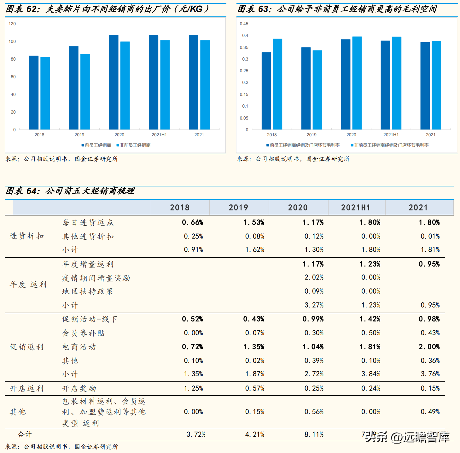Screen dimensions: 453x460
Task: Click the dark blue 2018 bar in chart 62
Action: (34, 93)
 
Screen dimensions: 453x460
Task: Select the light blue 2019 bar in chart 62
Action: (85, 92)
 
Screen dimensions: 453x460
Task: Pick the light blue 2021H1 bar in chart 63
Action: (397, 83)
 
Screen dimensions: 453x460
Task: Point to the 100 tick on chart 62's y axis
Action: (12, 41)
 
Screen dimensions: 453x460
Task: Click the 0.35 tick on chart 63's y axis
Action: (244, 47)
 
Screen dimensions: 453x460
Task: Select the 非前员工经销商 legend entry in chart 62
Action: (134, 145)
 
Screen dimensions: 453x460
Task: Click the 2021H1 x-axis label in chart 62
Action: (159, 135)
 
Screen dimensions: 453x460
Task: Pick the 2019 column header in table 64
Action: (238, 208)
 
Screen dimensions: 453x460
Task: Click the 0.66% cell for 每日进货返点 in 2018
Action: (192, 222)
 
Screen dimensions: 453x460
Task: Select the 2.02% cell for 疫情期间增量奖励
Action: (314, 277)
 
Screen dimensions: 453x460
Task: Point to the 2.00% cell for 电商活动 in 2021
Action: (429, 347)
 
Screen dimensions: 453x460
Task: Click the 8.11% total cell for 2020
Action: (314, 434)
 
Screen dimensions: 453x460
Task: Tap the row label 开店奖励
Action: (79, 388)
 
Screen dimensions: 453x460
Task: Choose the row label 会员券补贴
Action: (83, 333)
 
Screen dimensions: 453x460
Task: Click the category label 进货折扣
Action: (27, 236)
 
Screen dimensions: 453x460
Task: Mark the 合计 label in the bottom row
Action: (25, 434)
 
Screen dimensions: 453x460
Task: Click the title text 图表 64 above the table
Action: (23, 191)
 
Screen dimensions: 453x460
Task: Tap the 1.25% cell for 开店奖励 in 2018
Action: (193, 388)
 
